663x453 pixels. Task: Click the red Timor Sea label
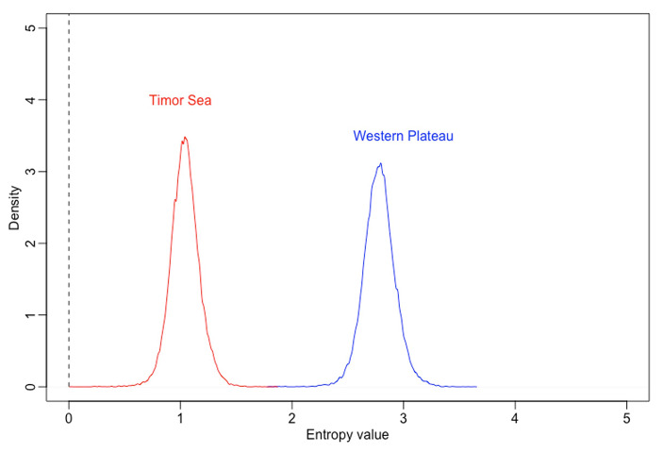tap(180, 101)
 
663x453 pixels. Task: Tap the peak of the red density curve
tap(185, 138)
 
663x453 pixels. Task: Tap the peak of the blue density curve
tap(380, 163)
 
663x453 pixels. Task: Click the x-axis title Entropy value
tap(348, 436)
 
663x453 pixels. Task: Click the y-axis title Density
tap(14, 208)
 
